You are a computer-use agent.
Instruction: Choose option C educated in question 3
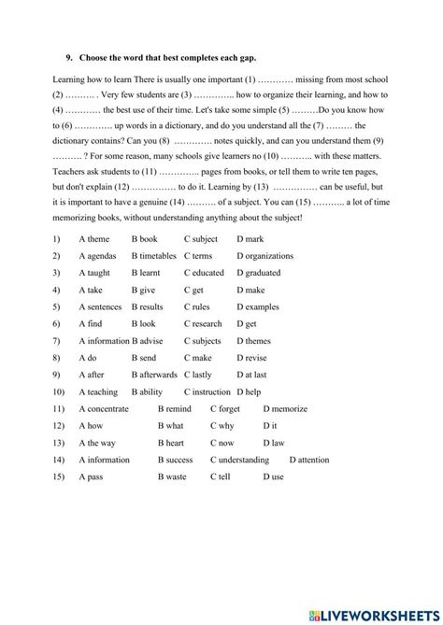point(204,273)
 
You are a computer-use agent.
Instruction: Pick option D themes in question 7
point(253,341)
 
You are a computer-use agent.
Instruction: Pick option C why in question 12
point(222,426)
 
